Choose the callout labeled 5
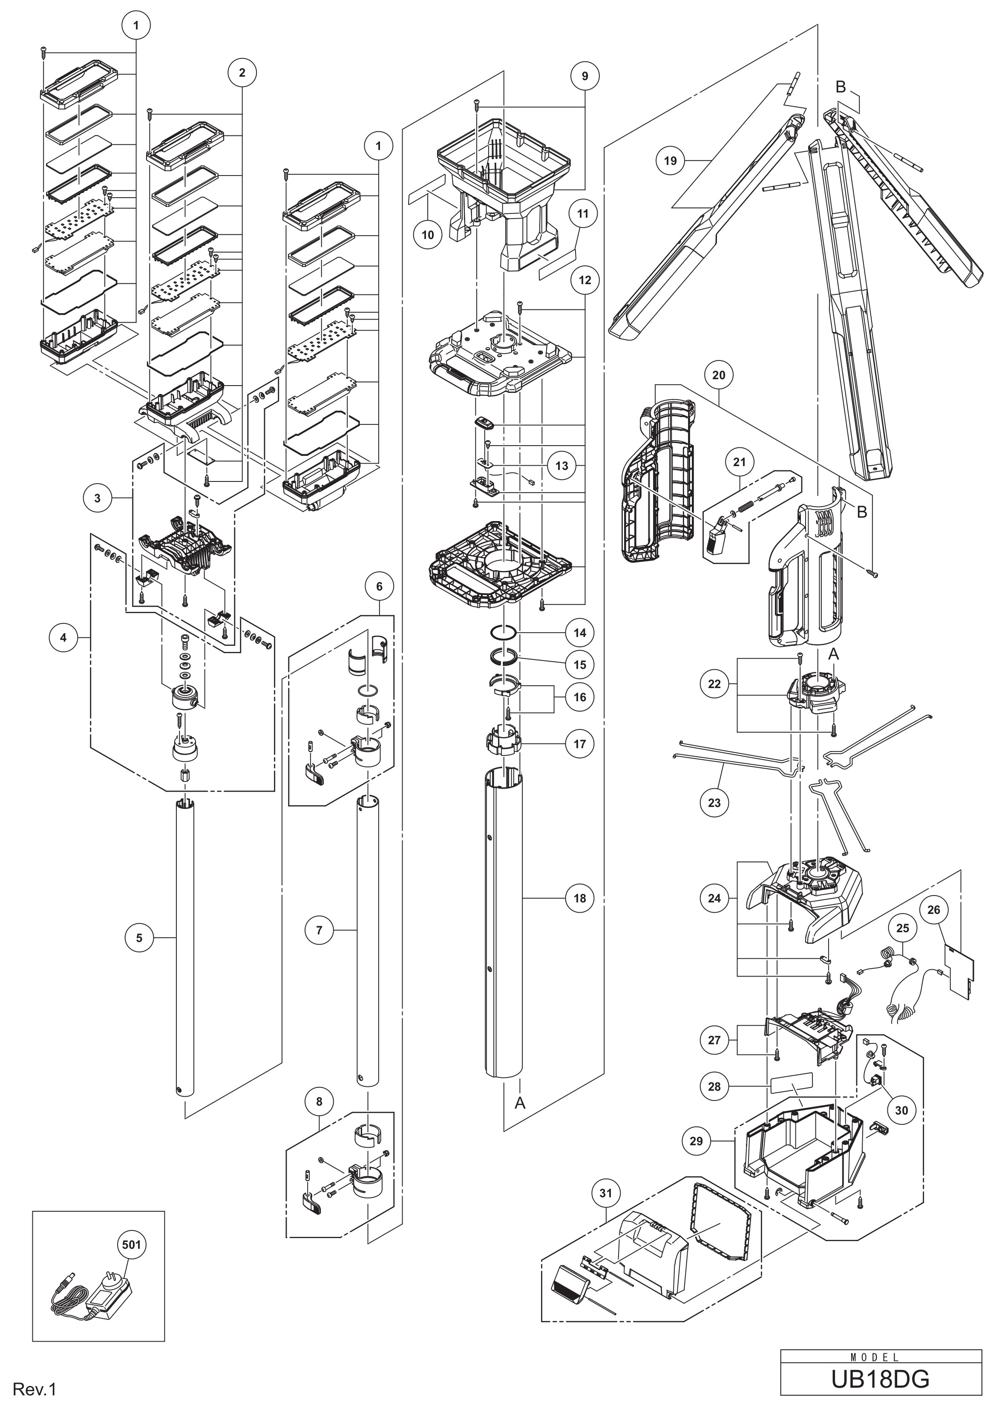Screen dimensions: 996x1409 click(139, 938)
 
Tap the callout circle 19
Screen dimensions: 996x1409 click(670, 160)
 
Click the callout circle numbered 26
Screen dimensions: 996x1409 click(933, 910)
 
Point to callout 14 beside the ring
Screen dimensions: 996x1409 click(579, 632)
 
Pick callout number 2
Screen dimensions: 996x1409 click(242, 72)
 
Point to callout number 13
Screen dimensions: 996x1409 click(561, 466)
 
